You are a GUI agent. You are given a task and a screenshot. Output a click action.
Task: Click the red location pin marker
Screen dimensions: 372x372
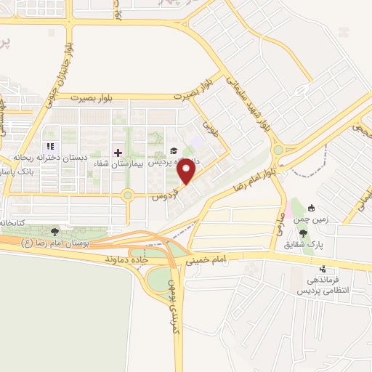click(x=187, y=171)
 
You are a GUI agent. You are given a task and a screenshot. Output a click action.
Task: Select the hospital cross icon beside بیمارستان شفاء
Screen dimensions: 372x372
click(x=118, y=153)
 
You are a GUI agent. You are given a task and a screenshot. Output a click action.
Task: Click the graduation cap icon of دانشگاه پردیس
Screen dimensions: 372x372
click(x=174, y=151)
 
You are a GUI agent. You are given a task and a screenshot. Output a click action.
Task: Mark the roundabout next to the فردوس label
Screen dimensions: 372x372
click(x=129, y=194)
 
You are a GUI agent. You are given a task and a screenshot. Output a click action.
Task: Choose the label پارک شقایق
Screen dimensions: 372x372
click(x=310, y=244)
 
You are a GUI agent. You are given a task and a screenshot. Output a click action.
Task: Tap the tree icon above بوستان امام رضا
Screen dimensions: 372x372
click(x=55, y=231)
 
